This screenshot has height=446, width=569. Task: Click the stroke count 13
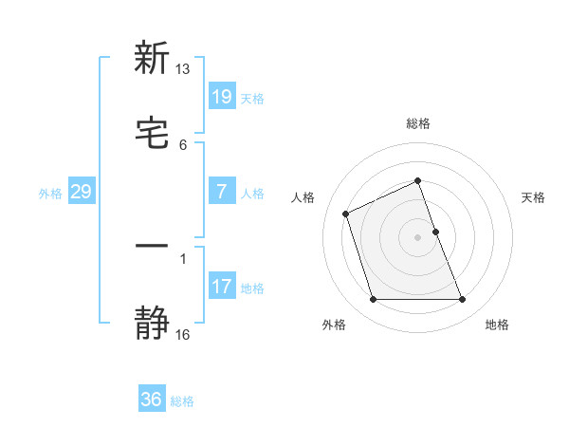(183, 69)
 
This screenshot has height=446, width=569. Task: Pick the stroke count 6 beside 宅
(183, 144)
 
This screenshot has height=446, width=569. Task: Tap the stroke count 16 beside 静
(183, 335)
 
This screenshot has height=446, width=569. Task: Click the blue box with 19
(221, 96)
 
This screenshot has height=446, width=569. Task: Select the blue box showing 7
(221, 191)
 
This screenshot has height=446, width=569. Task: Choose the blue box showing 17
(221, 286)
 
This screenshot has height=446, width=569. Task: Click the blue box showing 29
(81, 192)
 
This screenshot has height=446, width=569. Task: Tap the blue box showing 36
(151, 400)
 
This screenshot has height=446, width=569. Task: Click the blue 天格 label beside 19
(252, 98)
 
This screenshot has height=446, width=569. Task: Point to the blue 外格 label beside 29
(50, 194)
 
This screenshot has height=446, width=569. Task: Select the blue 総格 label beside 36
(182, 401)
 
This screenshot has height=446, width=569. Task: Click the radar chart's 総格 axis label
(418, 123)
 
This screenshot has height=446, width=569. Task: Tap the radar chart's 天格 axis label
(534, 197)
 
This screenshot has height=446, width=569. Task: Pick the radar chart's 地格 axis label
(497, 325)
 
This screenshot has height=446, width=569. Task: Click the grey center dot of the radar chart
(418, 236)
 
